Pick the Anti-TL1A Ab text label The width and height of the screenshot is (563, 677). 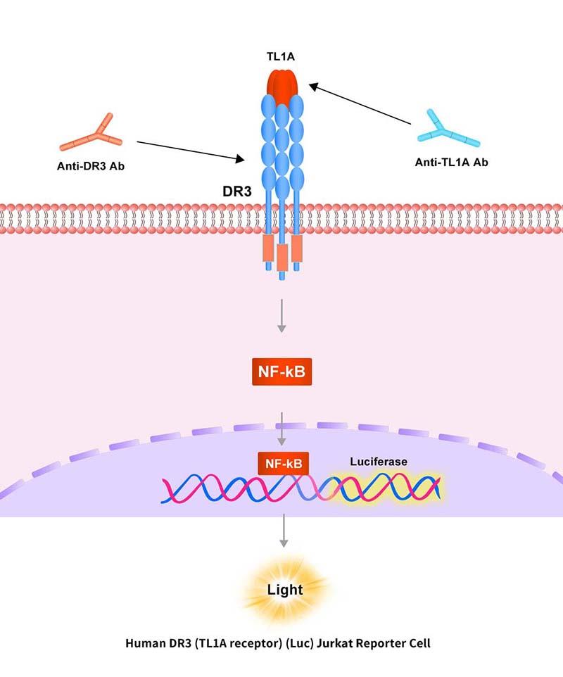[451, 163]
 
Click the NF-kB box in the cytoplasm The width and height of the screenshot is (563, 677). [281, 372]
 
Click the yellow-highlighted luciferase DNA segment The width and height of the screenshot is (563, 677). [384, 488]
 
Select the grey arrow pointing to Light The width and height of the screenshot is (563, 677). [283, 531]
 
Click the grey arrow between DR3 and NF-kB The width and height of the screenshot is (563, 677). [281, 315]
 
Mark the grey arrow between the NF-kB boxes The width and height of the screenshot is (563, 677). [281, 428]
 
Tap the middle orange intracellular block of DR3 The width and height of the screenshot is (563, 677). [283, 258]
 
